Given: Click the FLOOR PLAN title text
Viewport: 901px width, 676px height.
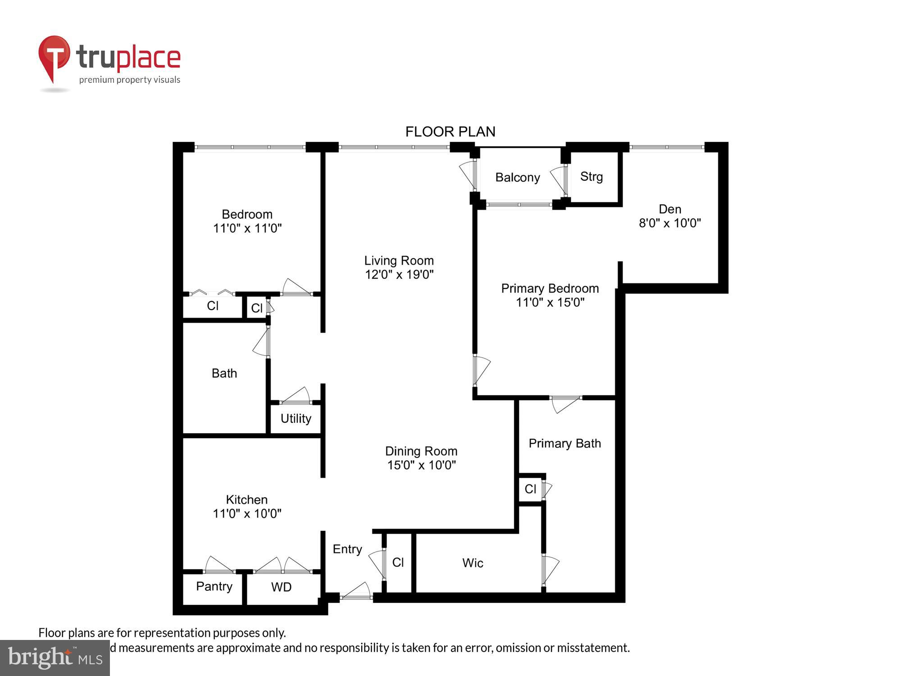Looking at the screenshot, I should [x=450, y=132].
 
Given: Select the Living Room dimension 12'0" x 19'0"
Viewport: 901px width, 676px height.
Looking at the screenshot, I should [x=399, y=274].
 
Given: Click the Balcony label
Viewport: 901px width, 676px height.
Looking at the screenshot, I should [x=518, y=178].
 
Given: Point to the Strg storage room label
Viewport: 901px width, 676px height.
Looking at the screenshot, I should [x=592, y=177].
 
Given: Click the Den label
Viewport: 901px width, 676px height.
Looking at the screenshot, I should [x=670, y=209].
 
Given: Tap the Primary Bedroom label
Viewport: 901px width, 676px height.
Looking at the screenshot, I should [x=550, y=288].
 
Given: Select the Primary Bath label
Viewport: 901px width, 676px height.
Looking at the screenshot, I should [x=564, y=443].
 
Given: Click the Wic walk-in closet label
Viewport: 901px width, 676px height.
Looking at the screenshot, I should [x=473, y=563].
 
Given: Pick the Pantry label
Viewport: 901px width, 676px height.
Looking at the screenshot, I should [x=214, y=586].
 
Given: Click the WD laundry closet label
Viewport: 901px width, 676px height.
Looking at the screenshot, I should [x=281, y=587].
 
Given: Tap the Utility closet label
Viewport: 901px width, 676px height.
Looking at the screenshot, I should [x=296, y=419].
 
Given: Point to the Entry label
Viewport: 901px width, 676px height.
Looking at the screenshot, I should [x=347, y=549].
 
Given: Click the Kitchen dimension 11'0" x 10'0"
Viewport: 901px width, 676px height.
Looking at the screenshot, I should [x=247, y=513].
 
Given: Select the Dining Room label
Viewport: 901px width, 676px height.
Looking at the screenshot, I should [x=421, y=451].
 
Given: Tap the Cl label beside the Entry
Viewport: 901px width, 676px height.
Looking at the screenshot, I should [x=398, y=562].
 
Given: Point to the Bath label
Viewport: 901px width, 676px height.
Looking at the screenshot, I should [x=224, y=373].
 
